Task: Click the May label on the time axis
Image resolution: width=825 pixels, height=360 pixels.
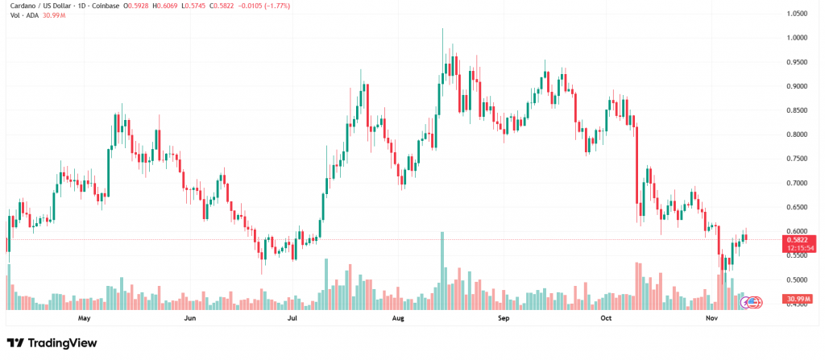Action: click(x=84, y=318)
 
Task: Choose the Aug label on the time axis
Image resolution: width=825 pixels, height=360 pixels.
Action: click(x=397, y=318)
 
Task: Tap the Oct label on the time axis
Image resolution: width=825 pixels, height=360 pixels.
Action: click(x=608, y=318)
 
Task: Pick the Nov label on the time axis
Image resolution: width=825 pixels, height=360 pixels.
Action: click(x=712, y=318)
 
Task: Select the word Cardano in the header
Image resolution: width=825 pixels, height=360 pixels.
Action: click(x=22, y=6)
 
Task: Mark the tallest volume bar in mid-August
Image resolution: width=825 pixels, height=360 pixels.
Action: click(x=442, y=271)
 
